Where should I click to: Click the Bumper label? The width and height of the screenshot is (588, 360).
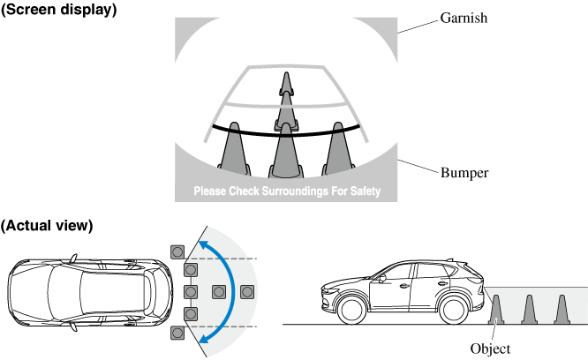(464, 172)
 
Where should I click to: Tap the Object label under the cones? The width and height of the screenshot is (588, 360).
(492, 349)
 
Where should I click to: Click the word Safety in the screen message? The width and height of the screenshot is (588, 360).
(361, 191)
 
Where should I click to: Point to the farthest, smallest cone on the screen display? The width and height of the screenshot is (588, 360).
(284, 84)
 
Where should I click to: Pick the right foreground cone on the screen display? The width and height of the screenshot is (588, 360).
(338, 146)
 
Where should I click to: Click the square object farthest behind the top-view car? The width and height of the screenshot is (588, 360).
(247, 291)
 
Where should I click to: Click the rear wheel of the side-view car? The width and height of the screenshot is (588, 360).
(454, 310)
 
